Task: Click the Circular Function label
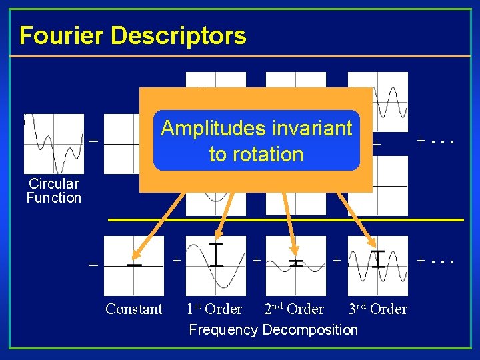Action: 53,191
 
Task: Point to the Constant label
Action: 134,309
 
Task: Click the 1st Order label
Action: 215,309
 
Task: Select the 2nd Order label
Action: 294,309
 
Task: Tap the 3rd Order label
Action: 377,309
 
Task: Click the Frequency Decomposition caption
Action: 273,329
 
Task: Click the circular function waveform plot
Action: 54,144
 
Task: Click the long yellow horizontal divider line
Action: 286,219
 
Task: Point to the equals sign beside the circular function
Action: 94,141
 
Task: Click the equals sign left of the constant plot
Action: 94,265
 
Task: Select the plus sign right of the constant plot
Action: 177,258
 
